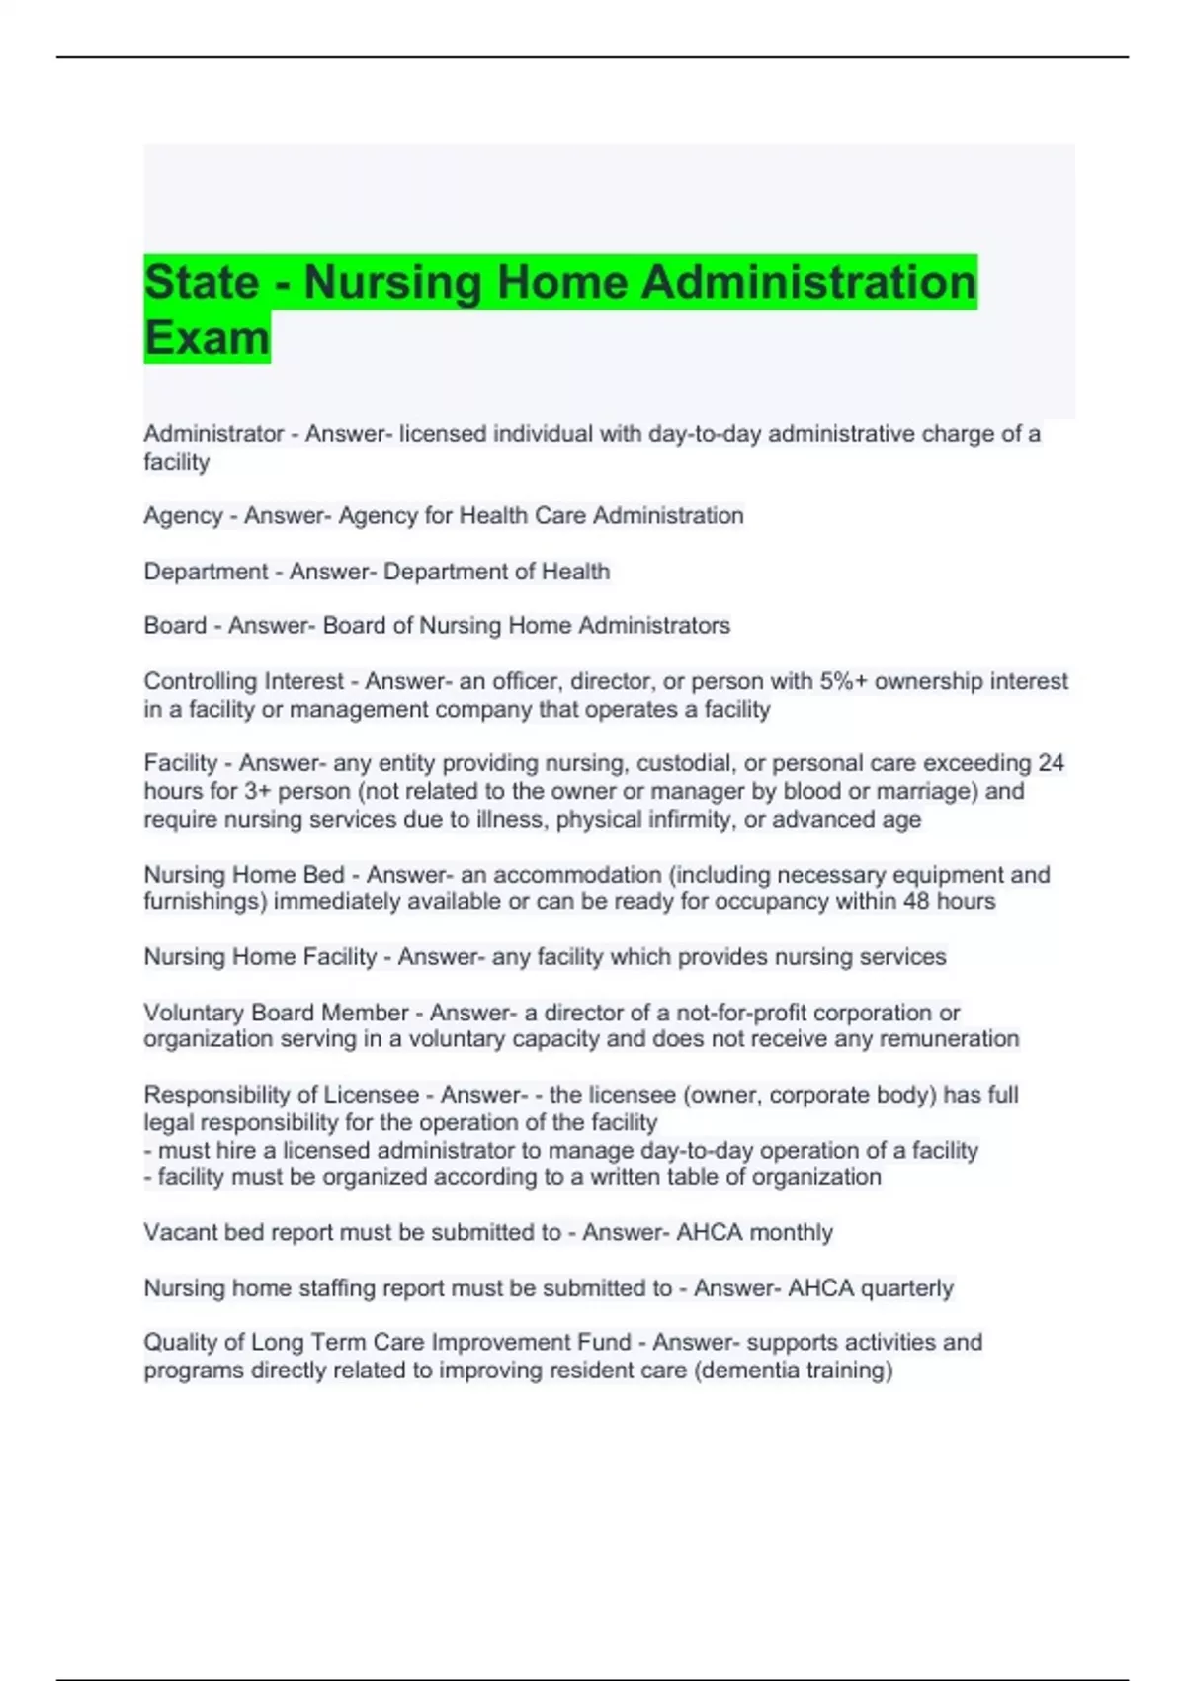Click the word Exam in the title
pos(207,337)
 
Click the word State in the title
pos(202,282)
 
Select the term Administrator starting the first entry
pos(213,434)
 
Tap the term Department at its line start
pos(206,572)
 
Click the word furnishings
pos(205,901)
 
